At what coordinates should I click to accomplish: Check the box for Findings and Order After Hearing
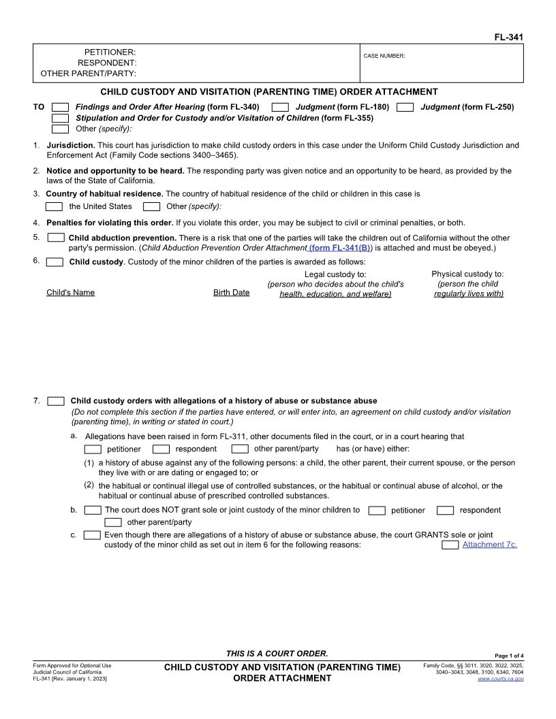coord(61,108)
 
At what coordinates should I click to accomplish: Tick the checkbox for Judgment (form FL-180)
coord(280,108)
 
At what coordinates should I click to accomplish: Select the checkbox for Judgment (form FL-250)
coord(405,108)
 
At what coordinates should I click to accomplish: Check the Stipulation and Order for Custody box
coord(61,118)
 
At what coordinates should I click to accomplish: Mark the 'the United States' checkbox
coord(54,207)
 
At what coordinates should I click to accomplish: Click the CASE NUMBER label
coord(384,56)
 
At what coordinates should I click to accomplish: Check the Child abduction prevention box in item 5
coord(56,238)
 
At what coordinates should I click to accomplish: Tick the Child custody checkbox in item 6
coord(56,262)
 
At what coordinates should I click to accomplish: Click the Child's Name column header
coord(71,293)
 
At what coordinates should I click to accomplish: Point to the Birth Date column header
coord(231,293)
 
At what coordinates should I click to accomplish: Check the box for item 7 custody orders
coord(57,401)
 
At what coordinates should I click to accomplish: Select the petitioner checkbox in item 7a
coord(93,449)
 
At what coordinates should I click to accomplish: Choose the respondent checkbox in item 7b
coord(445,511)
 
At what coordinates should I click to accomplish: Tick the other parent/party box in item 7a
coord(240,449)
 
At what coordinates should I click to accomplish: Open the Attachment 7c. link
coord(489,545)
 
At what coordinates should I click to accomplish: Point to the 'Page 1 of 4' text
coord(509,656)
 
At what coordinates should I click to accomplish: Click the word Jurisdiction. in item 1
coord(71,145)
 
